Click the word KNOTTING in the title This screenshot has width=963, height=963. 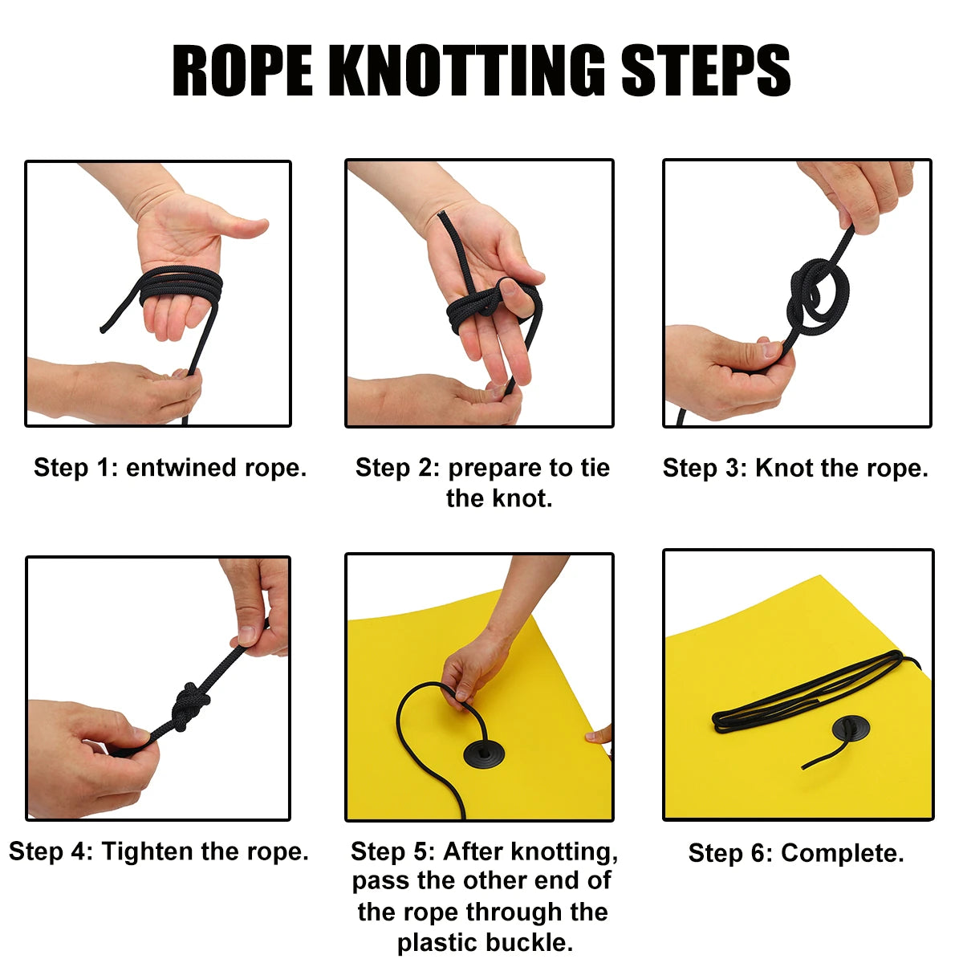click(x=467, y=70)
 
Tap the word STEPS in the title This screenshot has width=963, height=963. click(x=705, y=70)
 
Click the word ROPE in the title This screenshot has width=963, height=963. click(x=242, y=70)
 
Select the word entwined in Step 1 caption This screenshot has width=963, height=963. click(x=181, y=468)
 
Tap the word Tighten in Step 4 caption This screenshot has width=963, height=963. click(x=147, y=851)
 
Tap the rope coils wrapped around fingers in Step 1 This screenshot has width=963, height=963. click(x=181, y=286)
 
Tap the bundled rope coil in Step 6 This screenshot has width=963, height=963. click(x=815, y=692)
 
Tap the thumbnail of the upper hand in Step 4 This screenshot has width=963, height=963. click(x=246, y=635)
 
